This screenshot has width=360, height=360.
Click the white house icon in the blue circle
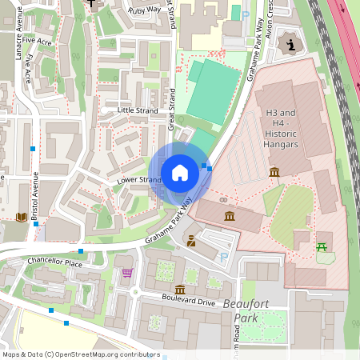180,173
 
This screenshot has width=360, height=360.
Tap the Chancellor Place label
54,262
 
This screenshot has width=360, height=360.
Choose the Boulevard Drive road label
189,303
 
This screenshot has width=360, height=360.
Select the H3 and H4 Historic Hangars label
281,128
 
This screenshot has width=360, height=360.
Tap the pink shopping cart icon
127,273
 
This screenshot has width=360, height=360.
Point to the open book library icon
21,217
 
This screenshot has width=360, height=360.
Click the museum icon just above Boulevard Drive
181,289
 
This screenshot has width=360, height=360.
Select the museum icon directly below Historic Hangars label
274,173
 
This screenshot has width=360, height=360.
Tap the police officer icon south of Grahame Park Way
192,241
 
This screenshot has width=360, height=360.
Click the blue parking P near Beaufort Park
224,258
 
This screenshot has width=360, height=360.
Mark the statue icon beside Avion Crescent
290,43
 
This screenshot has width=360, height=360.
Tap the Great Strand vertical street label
171,110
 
